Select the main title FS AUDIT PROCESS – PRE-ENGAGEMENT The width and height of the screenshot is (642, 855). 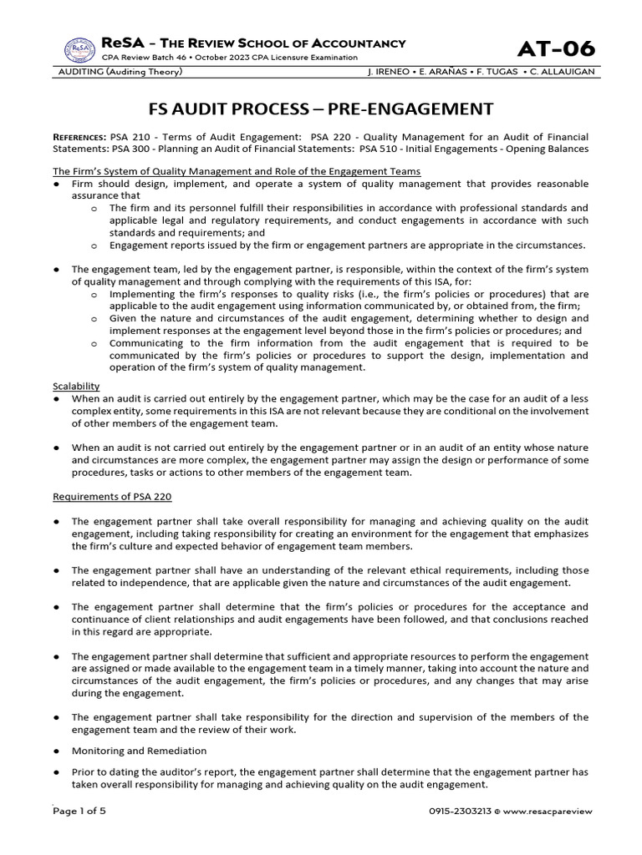point(321,109)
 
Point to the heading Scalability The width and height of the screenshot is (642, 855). point(76,387)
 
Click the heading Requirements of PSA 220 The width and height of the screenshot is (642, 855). point(112,496)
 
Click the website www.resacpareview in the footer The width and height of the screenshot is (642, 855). point(550,811)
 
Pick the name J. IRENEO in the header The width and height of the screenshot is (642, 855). point(391,72)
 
